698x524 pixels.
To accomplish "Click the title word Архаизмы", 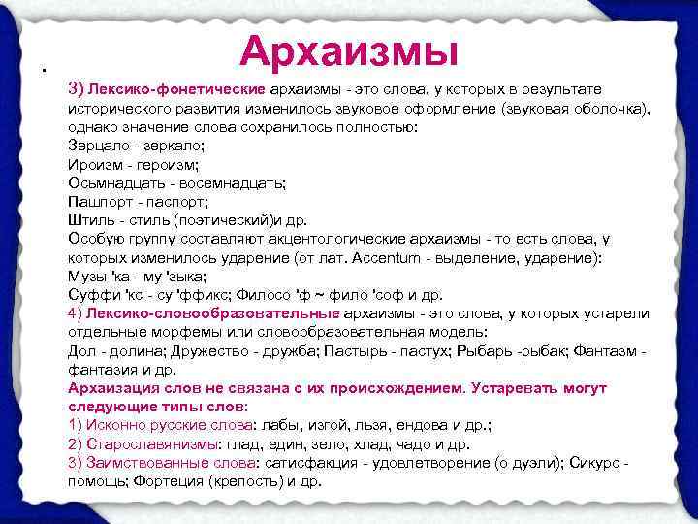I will point(348,49).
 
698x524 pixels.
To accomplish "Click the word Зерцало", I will point(97,146).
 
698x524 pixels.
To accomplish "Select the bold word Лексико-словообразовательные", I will point(212,312).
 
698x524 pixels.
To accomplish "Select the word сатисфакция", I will point(309,462).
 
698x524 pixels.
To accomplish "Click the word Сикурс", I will point(590,462).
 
